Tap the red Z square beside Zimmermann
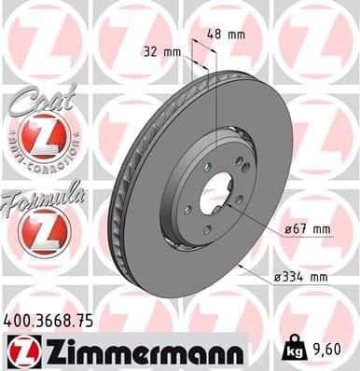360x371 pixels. (x=21, y=350)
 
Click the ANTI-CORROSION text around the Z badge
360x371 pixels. (x=43, y=159)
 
